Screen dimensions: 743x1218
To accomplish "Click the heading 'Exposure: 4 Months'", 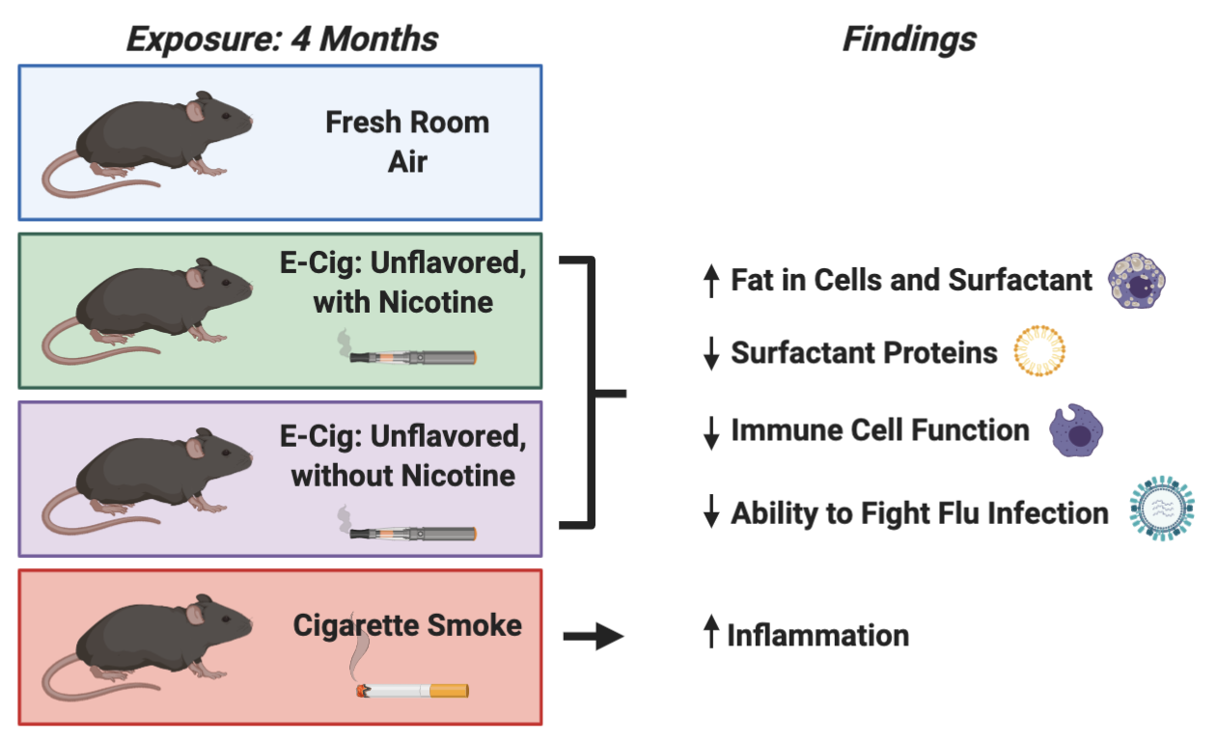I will (x=282, y=39).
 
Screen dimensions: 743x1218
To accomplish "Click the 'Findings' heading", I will (x=908, y=39).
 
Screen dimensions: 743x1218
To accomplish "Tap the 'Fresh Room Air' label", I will (x=406, y=142).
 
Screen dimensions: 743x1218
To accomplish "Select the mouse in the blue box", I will (x=154, y=140).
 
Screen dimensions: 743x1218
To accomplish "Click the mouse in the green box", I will (x=154, y=307).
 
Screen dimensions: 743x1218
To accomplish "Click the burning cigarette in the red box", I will (x=413, y=690).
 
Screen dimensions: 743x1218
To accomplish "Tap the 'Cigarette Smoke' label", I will (x=407, y=625).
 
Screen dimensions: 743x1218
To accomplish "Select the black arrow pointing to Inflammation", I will (x=594, y=637).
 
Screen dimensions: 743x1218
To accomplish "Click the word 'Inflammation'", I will (x=817, y=636).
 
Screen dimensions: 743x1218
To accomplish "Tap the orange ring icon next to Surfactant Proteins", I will (x=1039, y=352).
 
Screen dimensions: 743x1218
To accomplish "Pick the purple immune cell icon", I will (x=1075, y=430).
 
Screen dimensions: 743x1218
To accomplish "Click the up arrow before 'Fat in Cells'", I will (x=711, y=281).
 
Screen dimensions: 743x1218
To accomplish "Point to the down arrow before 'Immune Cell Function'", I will (x=711, y=432).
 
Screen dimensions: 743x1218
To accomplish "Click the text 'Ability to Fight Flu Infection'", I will (x=919, y=512).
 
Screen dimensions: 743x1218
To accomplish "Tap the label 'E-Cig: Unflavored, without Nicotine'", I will (x=403, y=455).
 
